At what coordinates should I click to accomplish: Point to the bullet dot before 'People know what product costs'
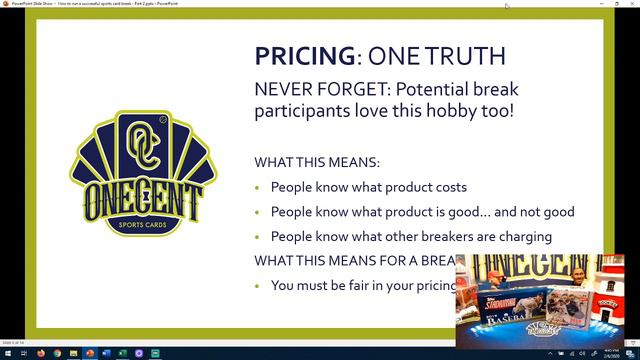(258, 187)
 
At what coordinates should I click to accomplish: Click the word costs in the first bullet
(449, 187)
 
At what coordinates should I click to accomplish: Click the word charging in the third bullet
(518, 237)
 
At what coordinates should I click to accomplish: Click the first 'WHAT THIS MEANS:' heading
(317, 163)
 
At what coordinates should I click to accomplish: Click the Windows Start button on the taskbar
(7, 353)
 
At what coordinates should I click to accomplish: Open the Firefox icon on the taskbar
(40, 353)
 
